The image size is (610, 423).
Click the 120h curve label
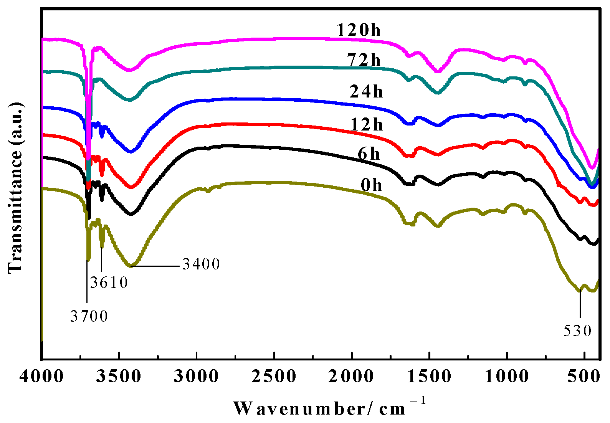[x=359, y=30]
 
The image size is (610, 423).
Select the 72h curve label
[x=364, y=60]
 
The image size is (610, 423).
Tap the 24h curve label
[x=366, y=91]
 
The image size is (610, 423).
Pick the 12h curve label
[x=367, y=124]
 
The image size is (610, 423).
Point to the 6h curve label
[x=369, y=154]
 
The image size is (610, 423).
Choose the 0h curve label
[x=371, y=185]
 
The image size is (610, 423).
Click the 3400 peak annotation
[x=201, y=264]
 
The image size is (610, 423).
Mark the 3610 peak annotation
[x=109, y=283]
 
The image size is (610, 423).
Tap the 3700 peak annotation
[x=89, y=316]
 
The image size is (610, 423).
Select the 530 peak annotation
[x=577, y=331]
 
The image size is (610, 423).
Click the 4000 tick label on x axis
[x=41, y=377]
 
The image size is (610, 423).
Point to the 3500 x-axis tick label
[x=119, y=377]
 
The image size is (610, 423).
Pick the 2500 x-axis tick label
[x=274, y=377]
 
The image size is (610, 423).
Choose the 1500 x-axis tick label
[x=429, y=377]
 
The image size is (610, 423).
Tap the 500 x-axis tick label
[x=584, y=377]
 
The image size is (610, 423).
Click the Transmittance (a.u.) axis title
[x=15, y=188]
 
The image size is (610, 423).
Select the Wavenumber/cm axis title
[x=329, y=408]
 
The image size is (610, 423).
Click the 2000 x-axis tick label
[x=351, y=377]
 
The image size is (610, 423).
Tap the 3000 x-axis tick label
[x=197, y=377]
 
